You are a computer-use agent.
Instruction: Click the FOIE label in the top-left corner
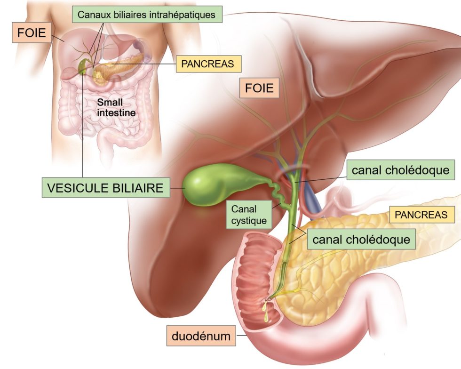(x=32, y=32)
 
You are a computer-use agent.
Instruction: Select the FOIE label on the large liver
(x=259, y=88)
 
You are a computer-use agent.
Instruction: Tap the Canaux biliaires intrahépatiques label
(x=147, y=15)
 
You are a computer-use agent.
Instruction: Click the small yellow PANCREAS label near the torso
(x=208, y=64)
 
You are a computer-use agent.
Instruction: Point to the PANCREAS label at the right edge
(x=421, y=215)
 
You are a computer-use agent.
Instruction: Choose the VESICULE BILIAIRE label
(x=105, y=187)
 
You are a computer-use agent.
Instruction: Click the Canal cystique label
(x=249, y=215)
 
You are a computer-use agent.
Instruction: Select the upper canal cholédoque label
(x=401, y=170)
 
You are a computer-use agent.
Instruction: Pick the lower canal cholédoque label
(x=361, y=239)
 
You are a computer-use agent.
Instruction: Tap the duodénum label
(x=201, y=336)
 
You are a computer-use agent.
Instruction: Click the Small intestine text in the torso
(x=116, y=107)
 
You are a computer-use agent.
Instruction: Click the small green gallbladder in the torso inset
(x=83, y=65)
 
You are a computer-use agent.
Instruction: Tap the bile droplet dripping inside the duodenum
(x=266, y=315)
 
